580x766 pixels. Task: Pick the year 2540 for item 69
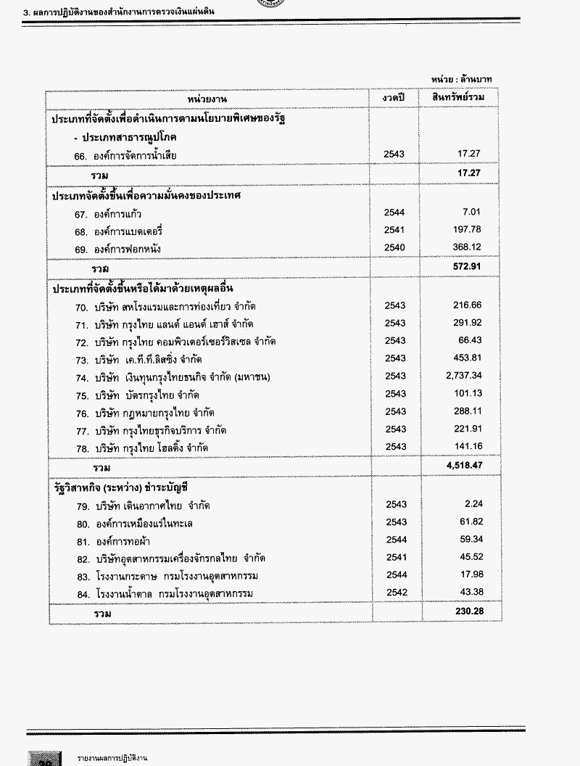pos(396,247)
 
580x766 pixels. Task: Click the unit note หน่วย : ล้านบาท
pos(463,79)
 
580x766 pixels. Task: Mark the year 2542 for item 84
pos(396,593)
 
